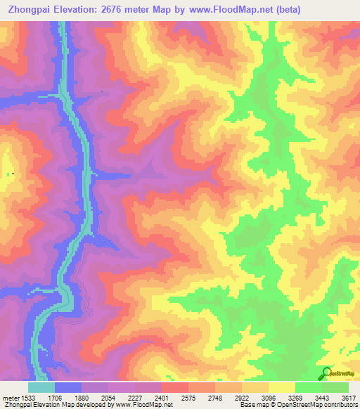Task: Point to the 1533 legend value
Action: click(x=27, y=397)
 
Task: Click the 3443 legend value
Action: click(x=323, y=397)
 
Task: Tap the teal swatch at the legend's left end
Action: click(x=41, y=387)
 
